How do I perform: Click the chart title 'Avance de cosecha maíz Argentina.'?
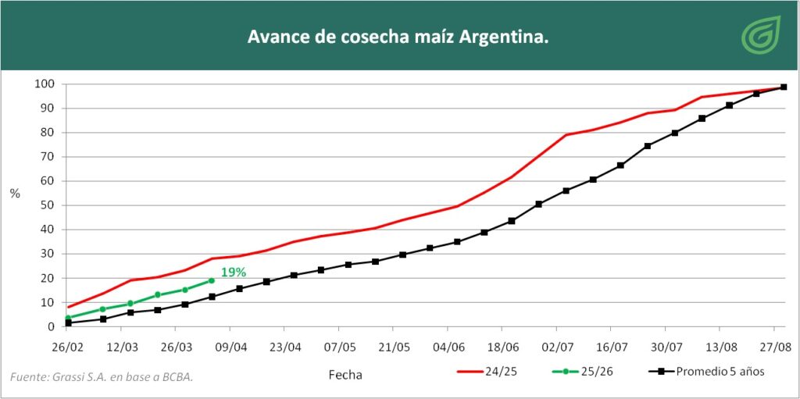click(398, 37)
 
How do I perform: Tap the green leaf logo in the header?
click(756, 37)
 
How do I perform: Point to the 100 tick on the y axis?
click(44, 84)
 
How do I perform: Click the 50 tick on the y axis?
click(47, 205)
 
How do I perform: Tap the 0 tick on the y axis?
click(49, 326)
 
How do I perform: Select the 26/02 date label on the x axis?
click(68, 346)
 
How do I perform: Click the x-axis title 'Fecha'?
click(345, 375)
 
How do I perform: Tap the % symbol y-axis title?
click(15, 194)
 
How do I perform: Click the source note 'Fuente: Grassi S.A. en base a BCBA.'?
click(102, 378)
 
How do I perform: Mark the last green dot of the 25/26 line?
click(211, 280)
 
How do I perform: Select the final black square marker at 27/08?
click(784, 87)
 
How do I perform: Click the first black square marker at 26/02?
click(69, 322)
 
